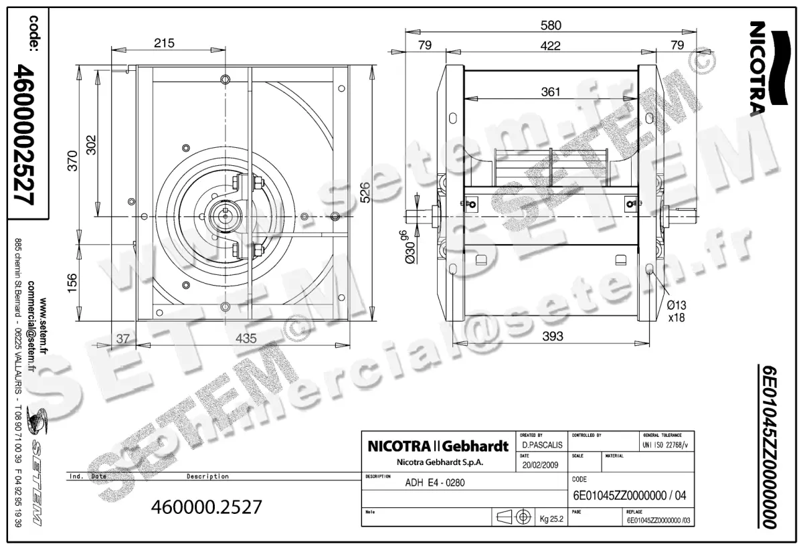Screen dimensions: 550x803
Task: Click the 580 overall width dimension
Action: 550,25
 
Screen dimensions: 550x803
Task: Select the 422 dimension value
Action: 550,45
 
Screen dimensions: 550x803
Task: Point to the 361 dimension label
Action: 550,92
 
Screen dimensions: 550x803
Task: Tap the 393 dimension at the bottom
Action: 553,335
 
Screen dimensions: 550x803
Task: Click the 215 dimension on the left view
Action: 164,43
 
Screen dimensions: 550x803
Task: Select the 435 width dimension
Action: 246,339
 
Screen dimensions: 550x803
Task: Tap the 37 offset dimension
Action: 123,339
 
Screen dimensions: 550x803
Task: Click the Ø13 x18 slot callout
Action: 677,311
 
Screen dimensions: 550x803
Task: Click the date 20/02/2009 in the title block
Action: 539,466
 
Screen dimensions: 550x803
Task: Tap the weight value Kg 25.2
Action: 552,519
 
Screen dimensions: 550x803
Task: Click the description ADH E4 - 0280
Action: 435,483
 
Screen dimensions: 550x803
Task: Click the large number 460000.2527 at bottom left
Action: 207,507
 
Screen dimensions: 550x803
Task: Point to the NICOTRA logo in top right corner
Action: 760,67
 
